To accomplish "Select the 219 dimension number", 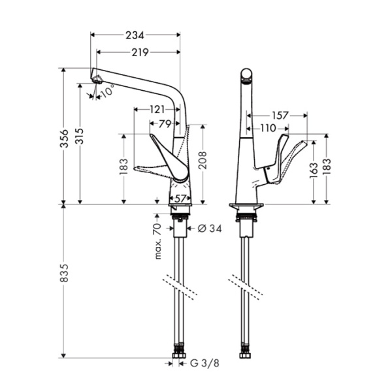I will [x=137, y=52].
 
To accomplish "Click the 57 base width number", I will [x=180, y=199].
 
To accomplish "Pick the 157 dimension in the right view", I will [x=280, y=116].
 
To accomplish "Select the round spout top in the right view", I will [x=246, y=75].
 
